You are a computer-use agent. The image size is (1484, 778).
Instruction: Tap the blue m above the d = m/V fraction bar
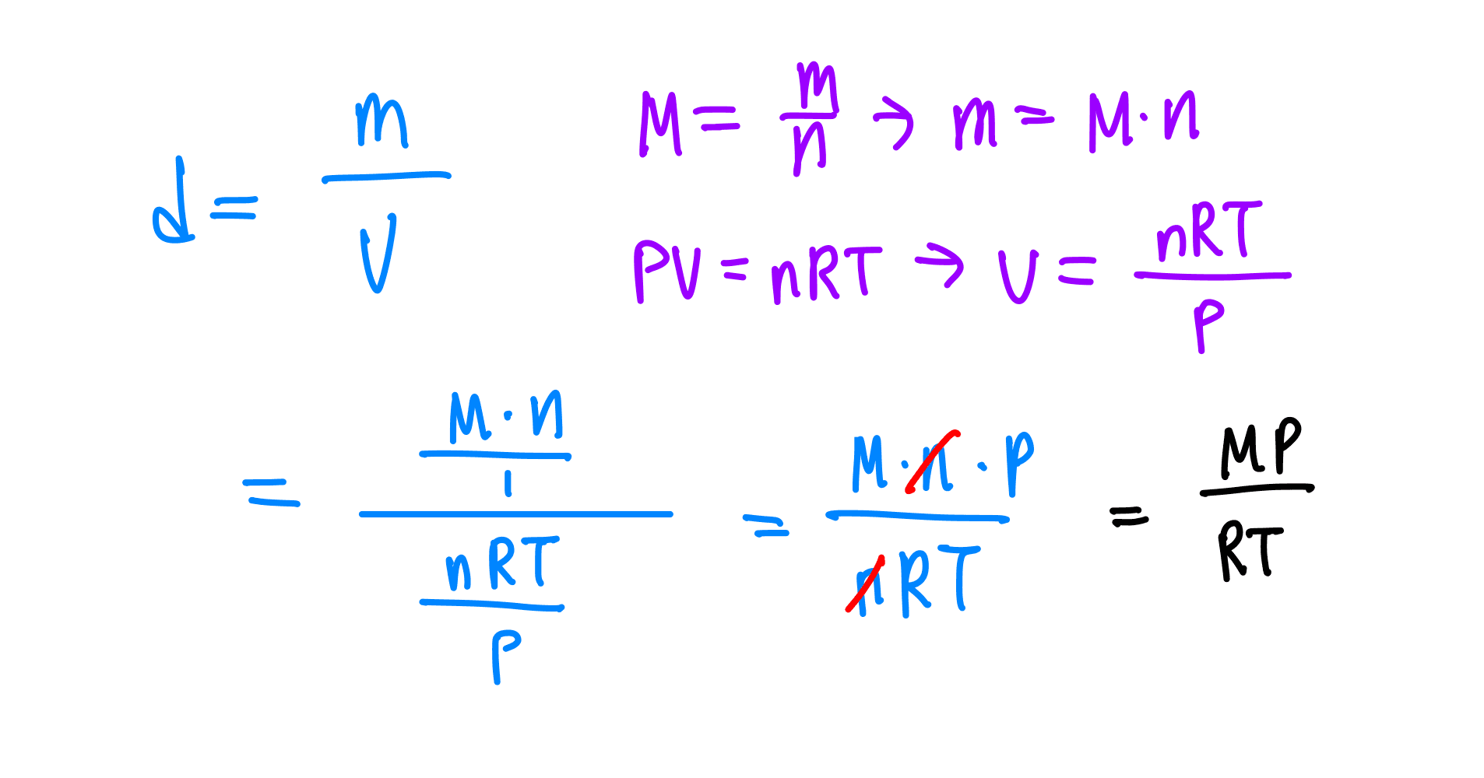382,121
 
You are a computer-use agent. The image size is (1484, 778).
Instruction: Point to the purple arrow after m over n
893,124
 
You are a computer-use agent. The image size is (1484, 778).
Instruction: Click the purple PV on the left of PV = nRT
667,270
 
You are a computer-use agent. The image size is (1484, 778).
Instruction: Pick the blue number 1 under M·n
508,484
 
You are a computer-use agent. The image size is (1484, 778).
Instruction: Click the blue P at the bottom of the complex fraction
505,657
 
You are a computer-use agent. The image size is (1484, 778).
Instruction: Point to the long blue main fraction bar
515,514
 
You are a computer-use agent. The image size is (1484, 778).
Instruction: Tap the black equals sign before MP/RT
1129,516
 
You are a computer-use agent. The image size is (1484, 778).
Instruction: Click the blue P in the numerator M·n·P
1019,463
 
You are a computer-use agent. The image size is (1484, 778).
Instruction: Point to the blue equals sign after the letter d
234,207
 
